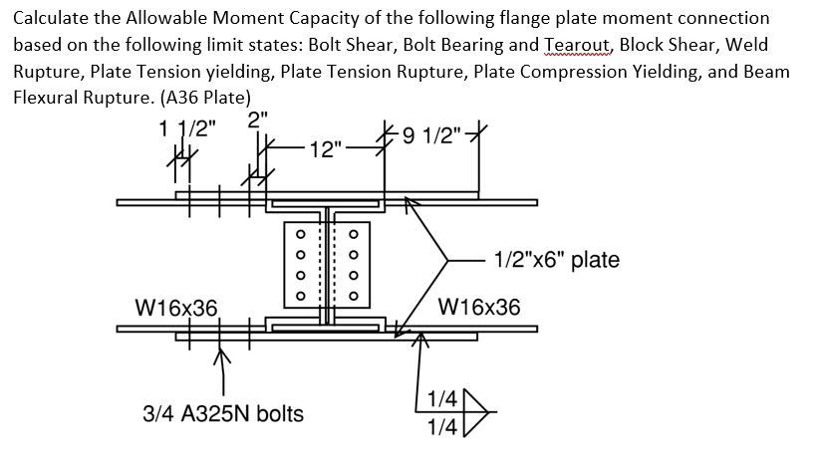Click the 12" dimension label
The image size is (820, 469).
(x=326, y=150)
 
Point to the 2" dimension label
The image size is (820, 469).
(x=258, y=118)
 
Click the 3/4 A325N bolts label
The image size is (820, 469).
(x=221, y=413)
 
